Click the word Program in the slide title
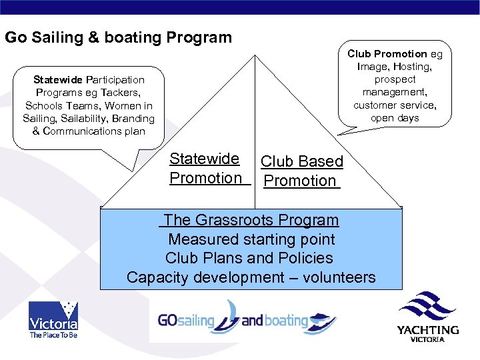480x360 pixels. coord(199,37)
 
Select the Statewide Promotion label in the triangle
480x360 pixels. coord(205,168)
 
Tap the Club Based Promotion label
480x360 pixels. coord(302,171)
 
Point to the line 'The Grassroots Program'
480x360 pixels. coord(251,220)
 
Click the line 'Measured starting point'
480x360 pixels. coord(251,239)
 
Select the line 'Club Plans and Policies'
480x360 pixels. coord(249,258)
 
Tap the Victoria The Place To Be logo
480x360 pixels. coord(53,320)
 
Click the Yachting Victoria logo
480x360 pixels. coord(428,317)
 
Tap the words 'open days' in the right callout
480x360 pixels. coord(395,118)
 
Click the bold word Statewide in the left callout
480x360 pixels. coord(57,80)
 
